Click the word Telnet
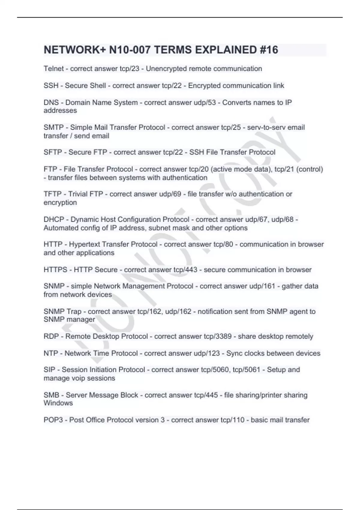tap(54, 69)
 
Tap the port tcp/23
tap(129, 69)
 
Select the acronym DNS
tap(51, 103)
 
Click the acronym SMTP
tap(53, 127)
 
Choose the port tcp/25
tap(231, 127)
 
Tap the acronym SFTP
tap(53, 152)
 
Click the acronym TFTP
tap(52, 194)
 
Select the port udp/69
tap(170, 194)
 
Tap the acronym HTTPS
tap(55, 270)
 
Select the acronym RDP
tap(51, 337)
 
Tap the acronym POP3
tap(53, 420)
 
